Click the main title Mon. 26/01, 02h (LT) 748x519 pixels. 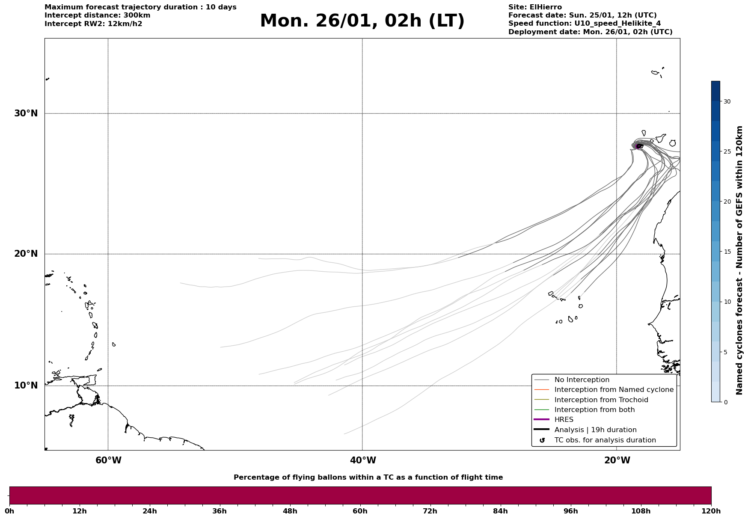pyautogui.click(x=362, y=21)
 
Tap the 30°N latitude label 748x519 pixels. pyautogui.click(x=26, y=113)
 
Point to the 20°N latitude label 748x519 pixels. pyautogui.click(x=26, y=254)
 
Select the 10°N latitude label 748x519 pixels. pyautogui.click(x=26, y=386)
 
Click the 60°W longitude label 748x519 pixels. pyautogui.click(x=108, y=460)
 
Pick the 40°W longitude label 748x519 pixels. pyautogui.click(x=363, y=460)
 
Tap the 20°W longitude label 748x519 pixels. pyautogui.click(x=617, y=460)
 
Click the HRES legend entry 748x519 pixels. pyautogui.click(x=564, y=420)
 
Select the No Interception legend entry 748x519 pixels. pyautogui.click(x=582, y=380)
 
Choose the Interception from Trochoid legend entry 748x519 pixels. pyautogui.click(x=601, y=400)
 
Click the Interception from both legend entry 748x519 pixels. pyautogui.click(x=594, y=410)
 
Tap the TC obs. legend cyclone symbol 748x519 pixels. pyautogui.click(x=542, y=440)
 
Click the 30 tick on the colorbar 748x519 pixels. pyautogui.click(x=727, y=101)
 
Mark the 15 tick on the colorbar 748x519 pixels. pyautogui.click(x=727, y=252)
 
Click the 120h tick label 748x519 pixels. pyautogui.click(x=711, y=511)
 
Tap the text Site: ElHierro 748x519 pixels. pyautogui.click(x=535, y=7)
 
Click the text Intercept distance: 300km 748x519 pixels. pyautogui.click(x=97, y=15)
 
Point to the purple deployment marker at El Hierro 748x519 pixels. pyautogui.click(x=638, y=146)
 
